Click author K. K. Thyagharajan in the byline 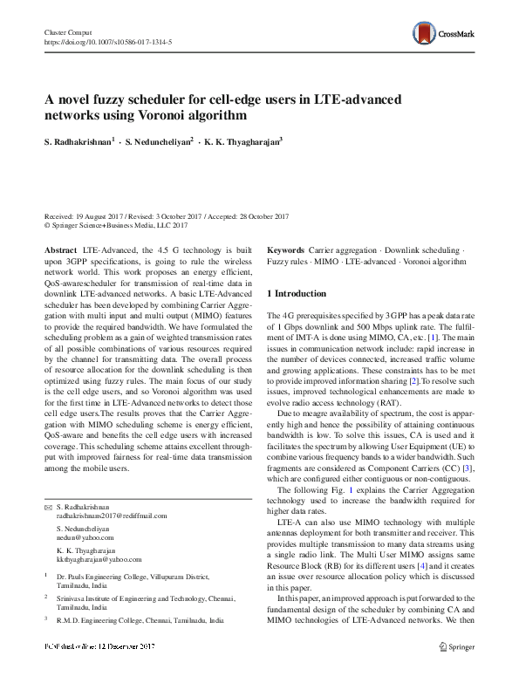246,140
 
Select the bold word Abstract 60,249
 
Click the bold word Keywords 285,249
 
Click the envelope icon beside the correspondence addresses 48,507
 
